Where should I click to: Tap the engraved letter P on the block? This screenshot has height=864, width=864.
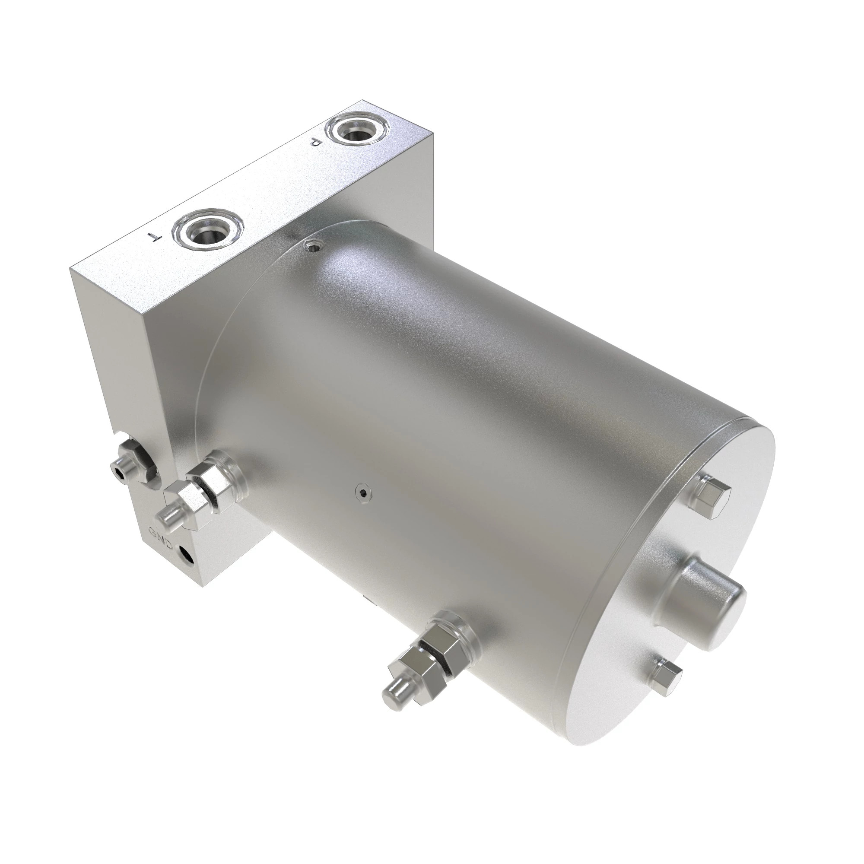click(x=316, y=143)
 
